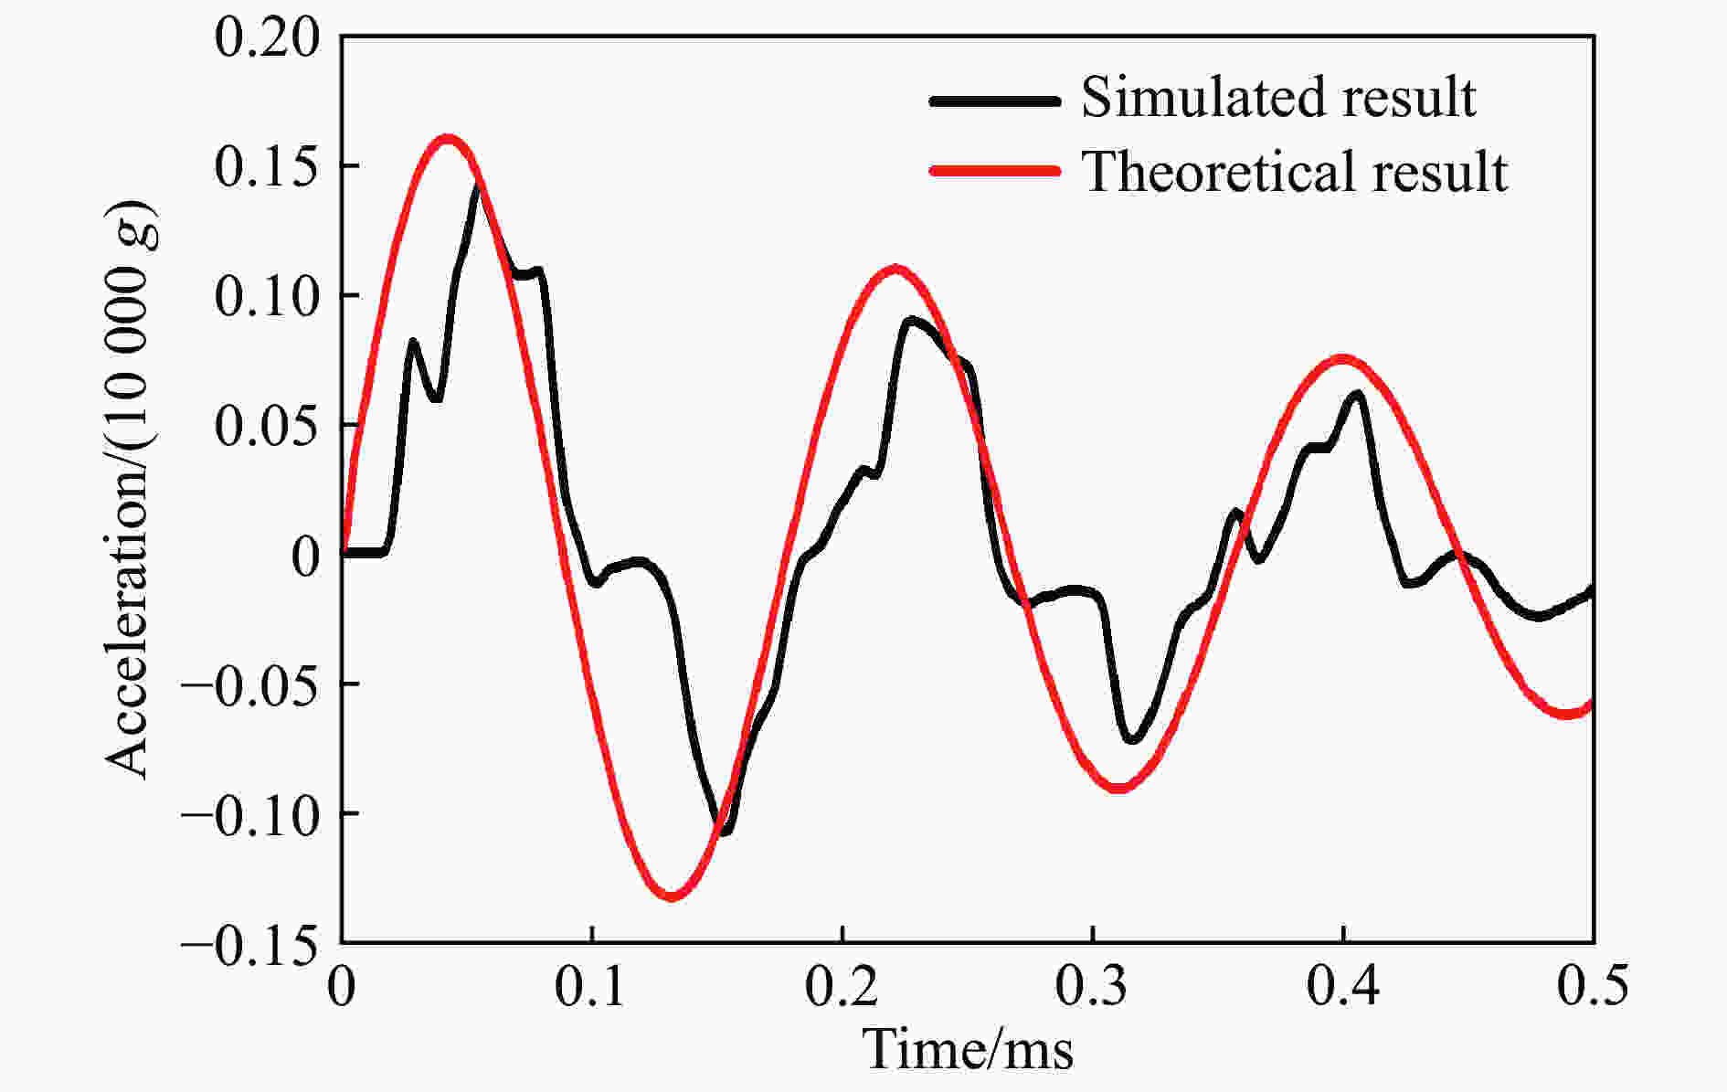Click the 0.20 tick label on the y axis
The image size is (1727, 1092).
[269, 38]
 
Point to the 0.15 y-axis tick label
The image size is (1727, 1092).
[269, 167]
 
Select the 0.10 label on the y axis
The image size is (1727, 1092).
[269, 296]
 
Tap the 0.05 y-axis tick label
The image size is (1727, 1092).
[269, 426]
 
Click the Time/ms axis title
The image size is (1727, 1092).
[968, 1049]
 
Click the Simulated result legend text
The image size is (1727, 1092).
[1277, 97]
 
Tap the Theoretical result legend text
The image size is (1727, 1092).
[1294, 171]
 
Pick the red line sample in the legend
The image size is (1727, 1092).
[994, 172]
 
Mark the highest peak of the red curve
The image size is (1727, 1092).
[447, 139]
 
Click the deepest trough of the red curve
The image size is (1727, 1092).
[672, 896]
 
